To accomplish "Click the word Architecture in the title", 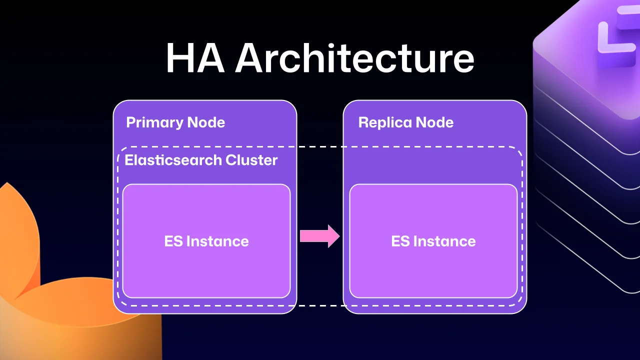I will pyautogui.click(x=354, y=58).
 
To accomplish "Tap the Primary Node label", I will pyautogui.click(x=175, y=122).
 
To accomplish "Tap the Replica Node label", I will pyautogui.click(x=406, y=122).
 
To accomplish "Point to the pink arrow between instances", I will pyautogui.click(x=319, y=235).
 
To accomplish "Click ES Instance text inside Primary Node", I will pyautogui.click(x=206, y=241).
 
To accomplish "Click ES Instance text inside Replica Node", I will pyautogui.click(x=433, y=241).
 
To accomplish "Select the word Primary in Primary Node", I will pyautogui.click(x=154, y=122).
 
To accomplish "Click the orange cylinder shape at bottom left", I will pyautogui.click(x=75, y=320).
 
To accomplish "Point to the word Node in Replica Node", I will pyautogui.click(x=434, y=122).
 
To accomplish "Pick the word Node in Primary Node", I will pyautogui.click(x=206, y=122).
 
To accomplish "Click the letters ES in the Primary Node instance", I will pyautogui.click(x=173, y=241).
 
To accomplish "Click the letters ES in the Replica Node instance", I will pyautogui.click(x=400, y=241).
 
